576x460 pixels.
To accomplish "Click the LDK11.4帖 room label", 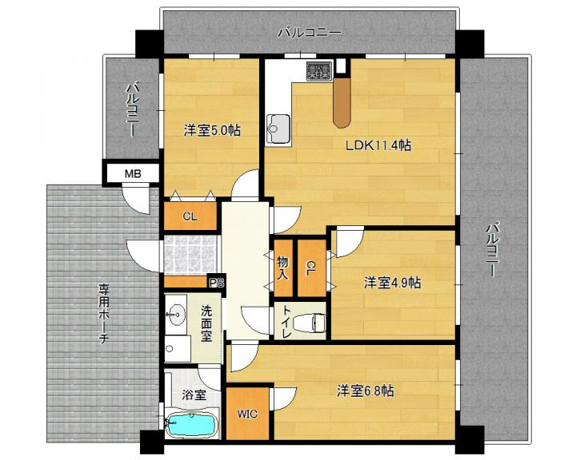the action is point(378,145).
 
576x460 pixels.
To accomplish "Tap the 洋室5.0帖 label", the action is point(212,130).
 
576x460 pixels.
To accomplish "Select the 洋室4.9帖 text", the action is point(392,283).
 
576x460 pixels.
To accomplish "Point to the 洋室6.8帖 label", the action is point(366,391).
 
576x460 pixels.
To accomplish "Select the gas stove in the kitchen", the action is point(319,71).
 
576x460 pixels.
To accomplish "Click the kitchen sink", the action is point(278,129).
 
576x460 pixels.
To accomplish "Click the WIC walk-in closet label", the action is point(247,414).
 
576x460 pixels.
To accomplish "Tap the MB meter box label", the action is point(133,173).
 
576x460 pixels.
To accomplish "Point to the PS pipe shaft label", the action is point(216,283).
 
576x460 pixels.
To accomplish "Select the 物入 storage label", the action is point(282,268).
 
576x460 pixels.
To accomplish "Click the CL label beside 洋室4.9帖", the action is point(310,268).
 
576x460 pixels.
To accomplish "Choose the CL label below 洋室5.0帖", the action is point(190,216).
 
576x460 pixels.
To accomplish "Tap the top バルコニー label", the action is point(310,33).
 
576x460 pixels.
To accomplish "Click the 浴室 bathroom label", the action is point(194,395).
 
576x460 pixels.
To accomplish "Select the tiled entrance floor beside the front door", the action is point(190,256).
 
